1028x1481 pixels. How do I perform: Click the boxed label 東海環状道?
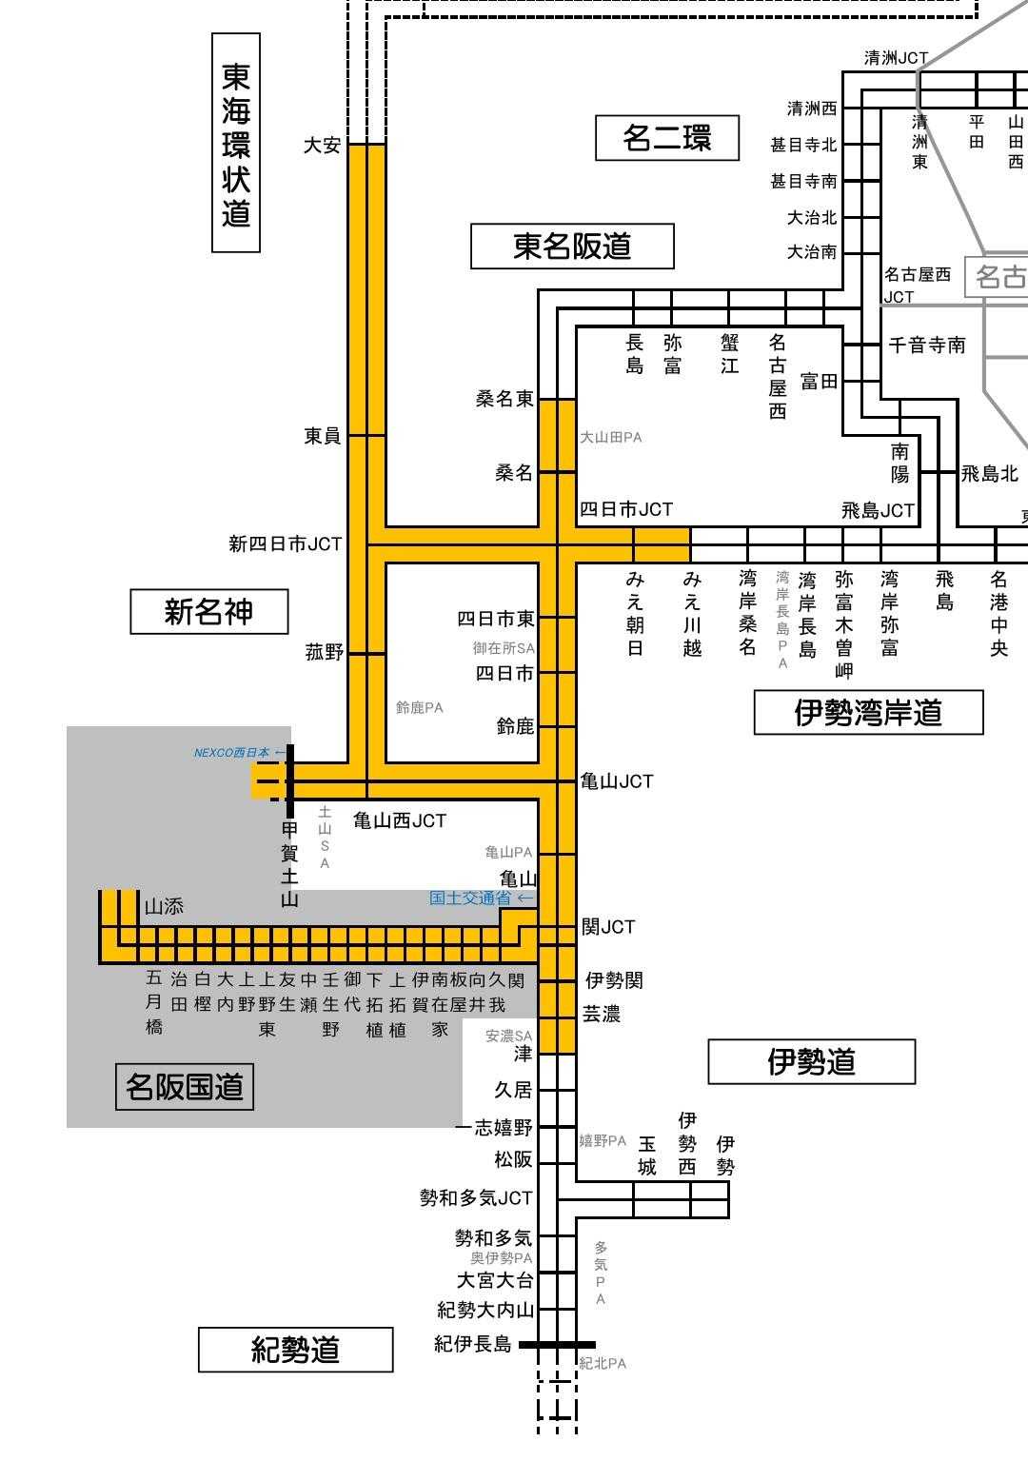(235, 143)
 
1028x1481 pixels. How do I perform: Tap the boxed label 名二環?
(666, 138)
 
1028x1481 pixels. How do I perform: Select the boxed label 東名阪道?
(572, 247)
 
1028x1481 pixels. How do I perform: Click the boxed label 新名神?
(208, 611)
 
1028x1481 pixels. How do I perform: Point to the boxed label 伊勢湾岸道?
(868, 712)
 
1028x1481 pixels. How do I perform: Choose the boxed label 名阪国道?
(185, 1086)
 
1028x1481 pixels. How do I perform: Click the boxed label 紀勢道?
(295, 1349)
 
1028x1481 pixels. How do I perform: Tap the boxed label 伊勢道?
(811, 1061)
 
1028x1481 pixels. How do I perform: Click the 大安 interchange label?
(322, 146)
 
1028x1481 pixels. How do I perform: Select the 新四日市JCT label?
(285, 544)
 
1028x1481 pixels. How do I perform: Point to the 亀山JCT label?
(617, 781)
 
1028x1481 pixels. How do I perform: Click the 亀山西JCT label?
(400, 820)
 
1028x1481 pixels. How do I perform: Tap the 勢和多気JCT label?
(476, 1198)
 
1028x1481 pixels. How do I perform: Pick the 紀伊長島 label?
(473, 1344)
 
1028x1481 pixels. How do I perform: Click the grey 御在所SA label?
(504, 648)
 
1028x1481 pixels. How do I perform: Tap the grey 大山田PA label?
(611, 438)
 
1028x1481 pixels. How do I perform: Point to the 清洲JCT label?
(896, 58)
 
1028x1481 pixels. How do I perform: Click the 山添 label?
(164, 907)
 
